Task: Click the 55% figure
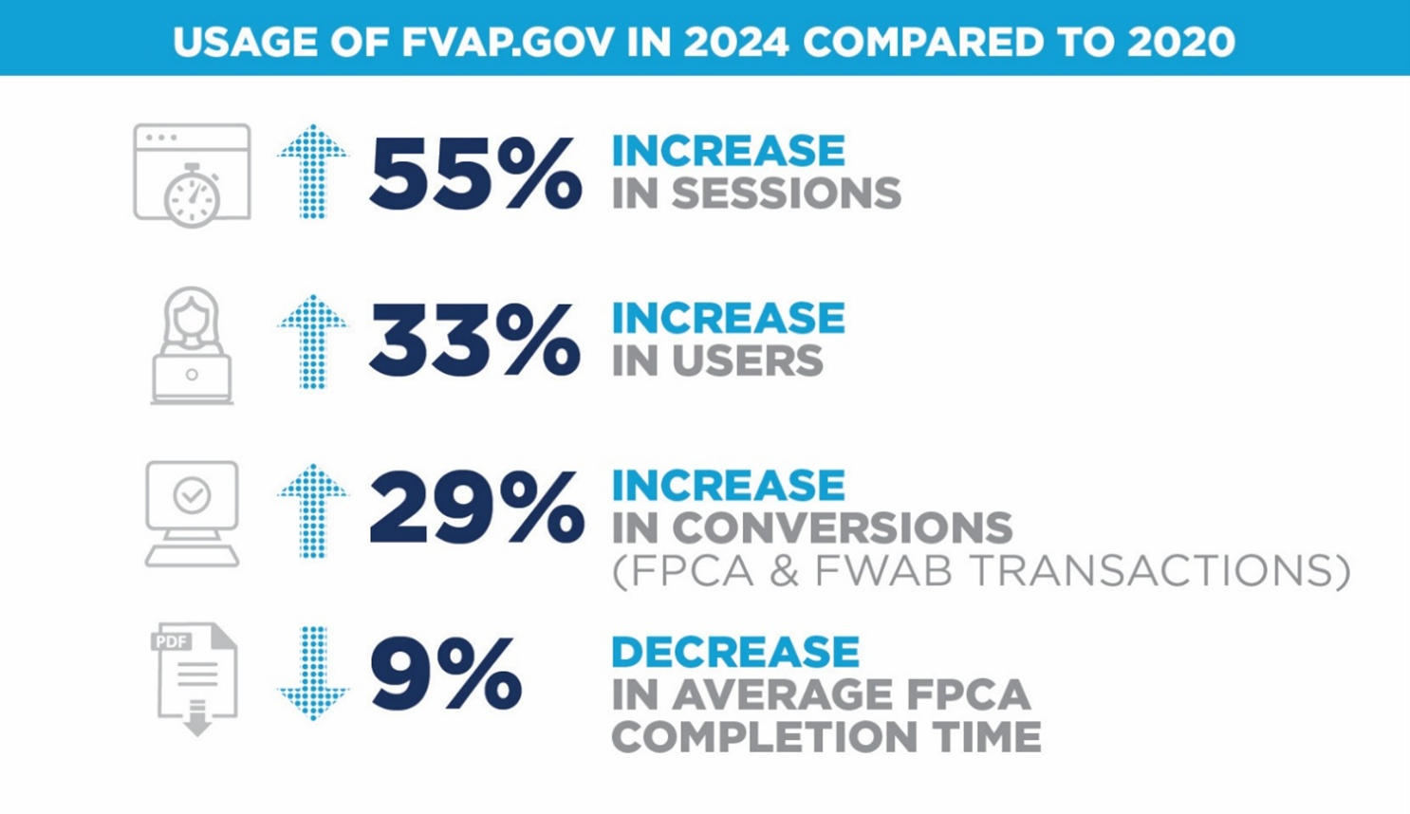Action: (474, 173)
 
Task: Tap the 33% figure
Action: (474, 341)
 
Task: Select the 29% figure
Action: (476, 509)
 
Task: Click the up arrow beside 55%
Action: (313, 172)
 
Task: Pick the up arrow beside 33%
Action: (313, 342)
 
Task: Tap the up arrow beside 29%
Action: (313, 510)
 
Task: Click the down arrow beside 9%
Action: (313, 673)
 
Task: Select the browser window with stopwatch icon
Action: (193, 176)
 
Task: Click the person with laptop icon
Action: (193, 346)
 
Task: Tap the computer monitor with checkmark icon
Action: (193, 513)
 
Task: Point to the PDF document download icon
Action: (195, 677)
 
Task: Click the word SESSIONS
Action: (786, 194)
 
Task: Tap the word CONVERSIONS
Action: (842, 527)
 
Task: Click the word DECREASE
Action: (735, 652)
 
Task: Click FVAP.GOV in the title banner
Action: (508, 42)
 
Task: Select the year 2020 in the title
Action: (1181, 42)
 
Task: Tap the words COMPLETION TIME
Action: (826, 737)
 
